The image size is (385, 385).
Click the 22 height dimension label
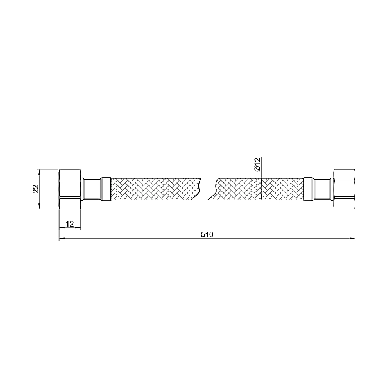[x=37, y=189]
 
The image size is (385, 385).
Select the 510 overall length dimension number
[x=207, y=234]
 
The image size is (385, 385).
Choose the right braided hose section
[x=260, y=189]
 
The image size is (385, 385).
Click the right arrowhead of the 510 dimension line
[x=352, y=239]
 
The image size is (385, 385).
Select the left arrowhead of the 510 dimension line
[x=62, y=239]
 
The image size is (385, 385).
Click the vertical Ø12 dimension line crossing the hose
[x=262, y=189]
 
